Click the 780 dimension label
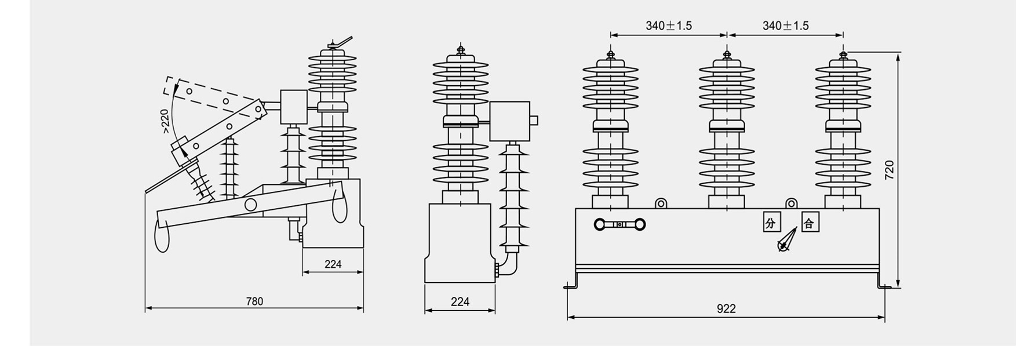coord(254,301)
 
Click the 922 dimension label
coord(726,309)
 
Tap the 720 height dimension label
coord(890,170)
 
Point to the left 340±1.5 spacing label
coord(669,26)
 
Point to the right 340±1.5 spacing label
coord(785,26)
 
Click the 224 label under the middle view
coord(460,301)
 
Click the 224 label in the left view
coord(333,264)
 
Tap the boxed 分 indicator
coord(771,223)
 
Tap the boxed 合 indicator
coord(810,222)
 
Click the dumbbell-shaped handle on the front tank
coord(620,224)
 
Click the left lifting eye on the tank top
coord(661,203)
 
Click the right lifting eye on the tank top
coord(791,203)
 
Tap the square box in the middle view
coord(509,121)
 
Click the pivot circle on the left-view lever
coord(250,204)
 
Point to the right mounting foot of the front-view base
coord(884,285)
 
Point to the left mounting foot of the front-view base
coord(570,285)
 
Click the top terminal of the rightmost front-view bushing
coord(843,55)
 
